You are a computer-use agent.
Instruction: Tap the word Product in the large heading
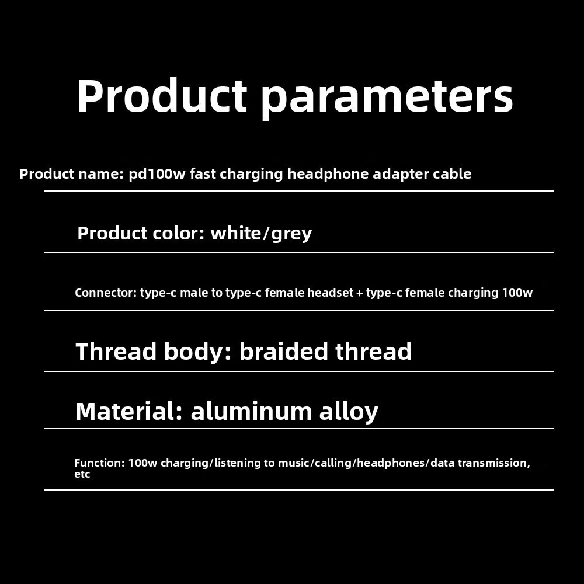[162, 95]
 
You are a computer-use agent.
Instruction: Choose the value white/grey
[261, 234]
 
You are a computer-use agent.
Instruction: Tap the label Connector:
[105, 293]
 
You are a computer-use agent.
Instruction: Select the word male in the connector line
[193, 293]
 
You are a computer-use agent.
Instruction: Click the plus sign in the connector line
[359, 293]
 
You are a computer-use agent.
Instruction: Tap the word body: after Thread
[199, 352]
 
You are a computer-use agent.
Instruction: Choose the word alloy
[349, 412]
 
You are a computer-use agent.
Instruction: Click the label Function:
[99, 463]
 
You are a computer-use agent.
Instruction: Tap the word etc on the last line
[82, 474]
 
